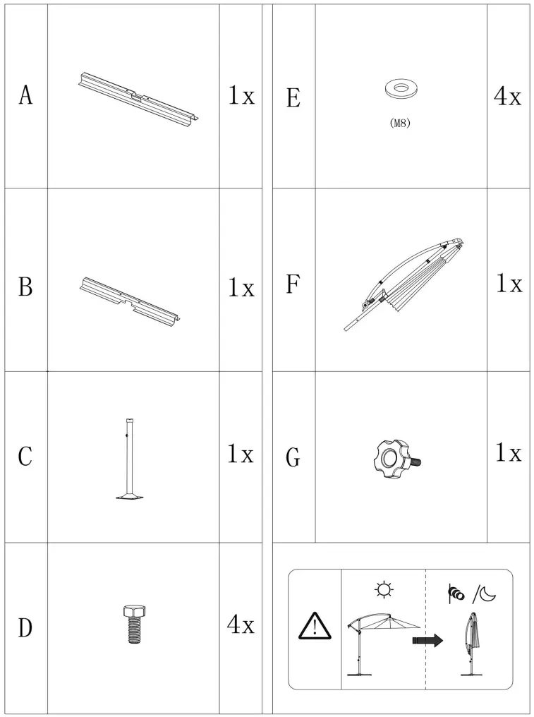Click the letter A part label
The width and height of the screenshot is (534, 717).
(25, 95)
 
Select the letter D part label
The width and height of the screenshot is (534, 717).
(25, 627)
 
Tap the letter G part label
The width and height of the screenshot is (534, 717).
(293, 458)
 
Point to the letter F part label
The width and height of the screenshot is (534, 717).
(293, 284)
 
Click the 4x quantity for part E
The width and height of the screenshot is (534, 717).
(507, 97)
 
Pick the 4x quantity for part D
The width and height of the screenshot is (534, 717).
(241, 625)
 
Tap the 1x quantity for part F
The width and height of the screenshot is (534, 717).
(509, 284)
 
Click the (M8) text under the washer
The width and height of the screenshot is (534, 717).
(399, 123)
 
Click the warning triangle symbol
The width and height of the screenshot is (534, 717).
(314, 627)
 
